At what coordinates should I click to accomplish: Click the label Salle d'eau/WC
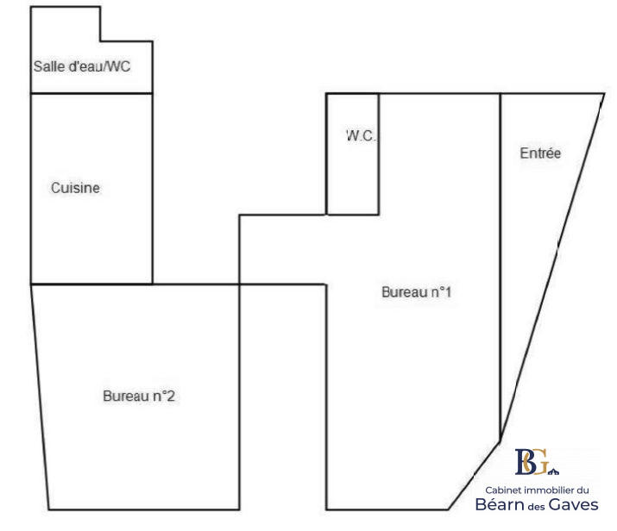coord(82,66)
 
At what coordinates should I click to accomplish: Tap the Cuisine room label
coord(75,188)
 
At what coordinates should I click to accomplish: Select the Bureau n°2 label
coord(140,397)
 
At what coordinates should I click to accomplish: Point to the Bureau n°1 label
coord(417,292)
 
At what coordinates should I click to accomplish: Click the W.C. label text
coord(361,135)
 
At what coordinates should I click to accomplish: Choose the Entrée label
coord(540,153)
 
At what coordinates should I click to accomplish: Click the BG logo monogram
coord(532,462)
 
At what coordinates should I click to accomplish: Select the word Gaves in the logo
coord(576,504)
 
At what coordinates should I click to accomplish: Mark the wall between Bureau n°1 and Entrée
coord(501,259)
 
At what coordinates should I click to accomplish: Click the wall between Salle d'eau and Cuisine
coord(91,93)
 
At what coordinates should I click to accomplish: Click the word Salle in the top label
coord(47,66)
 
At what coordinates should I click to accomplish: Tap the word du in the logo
coord(582,489)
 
